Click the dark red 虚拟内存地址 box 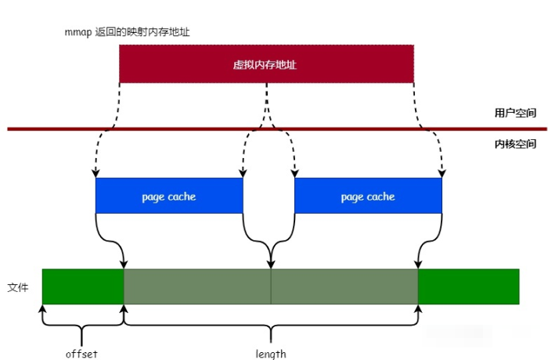pyautogui.click(x=266, y=63)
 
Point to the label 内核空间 pyautogui.click(x=515, y=144)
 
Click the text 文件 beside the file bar pyautogui.click(x=18, y=287)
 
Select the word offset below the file pyautogui.click(x=81, y=354)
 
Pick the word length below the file pyautogui.click(x=271, y=354)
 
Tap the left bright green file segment pyautogui.click(x=83, y=286)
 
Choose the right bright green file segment pyautogui.click(x=468, y=286)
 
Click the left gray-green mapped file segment pyautogui.click(x=197, y=286)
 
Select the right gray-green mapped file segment pyautogui.click(x=344, y=286)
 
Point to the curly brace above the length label pyautogui.click(x=271, y=324)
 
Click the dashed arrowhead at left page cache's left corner pyautogui.click(x=96, y=173)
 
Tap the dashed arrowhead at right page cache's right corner pyautogui.click(x=442, y=173)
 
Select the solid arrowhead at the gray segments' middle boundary pyautogui.click(x=271, y=265)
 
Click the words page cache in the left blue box pyautogui.click(x=168, y=196)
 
